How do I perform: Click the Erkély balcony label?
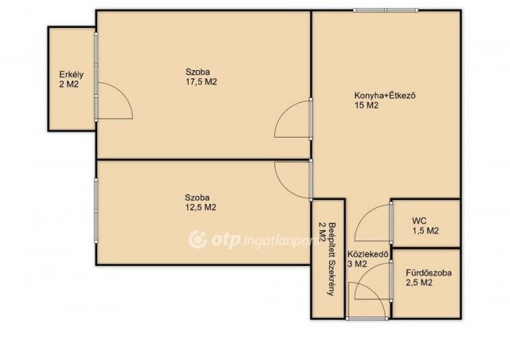(x=71, y=75)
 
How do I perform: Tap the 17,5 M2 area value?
(x=201, y=81)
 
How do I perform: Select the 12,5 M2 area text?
(x=200, y=207)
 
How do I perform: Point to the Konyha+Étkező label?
(x=385, y=96)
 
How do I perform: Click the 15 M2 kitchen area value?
(x=367, y=105)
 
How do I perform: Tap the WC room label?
(x=419, y=221)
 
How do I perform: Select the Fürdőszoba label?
(x=429, y=272)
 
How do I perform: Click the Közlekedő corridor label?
(x=368, y=254)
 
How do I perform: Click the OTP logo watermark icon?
(x=198, y=240)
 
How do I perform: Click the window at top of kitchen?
(x=386, y=10)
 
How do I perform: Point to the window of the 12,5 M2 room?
(x=96, y=210)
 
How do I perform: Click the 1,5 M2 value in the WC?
(x=426, y=231)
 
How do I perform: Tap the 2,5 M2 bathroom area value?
(x=419, y=283)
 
